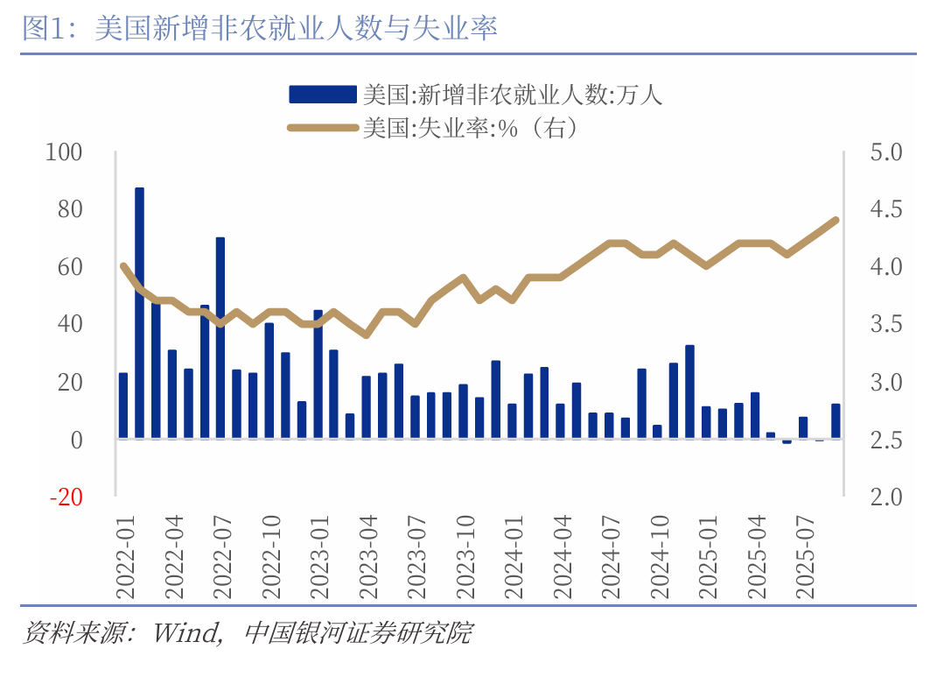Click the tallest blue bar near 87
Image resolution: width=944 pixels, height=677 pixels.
point(139,312)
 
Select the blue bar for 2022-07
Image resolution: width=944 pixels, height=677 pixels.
point(220,337)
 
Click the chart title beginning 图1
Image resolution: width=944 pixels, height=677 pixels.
point(260,29)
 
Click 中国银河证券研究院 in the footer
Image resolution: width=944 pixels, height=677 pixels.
point(359,632)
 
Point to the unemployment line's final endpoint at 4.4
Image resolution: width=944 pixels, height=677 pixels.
point(836,220)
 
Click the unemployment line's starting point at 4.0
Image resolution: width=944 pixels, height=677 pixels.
point(123,266)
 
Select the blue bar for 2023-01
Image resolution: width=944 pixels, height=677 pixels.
point(318,374)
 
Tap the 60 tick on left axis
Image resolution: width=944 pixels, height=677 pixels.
point(69,268)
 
